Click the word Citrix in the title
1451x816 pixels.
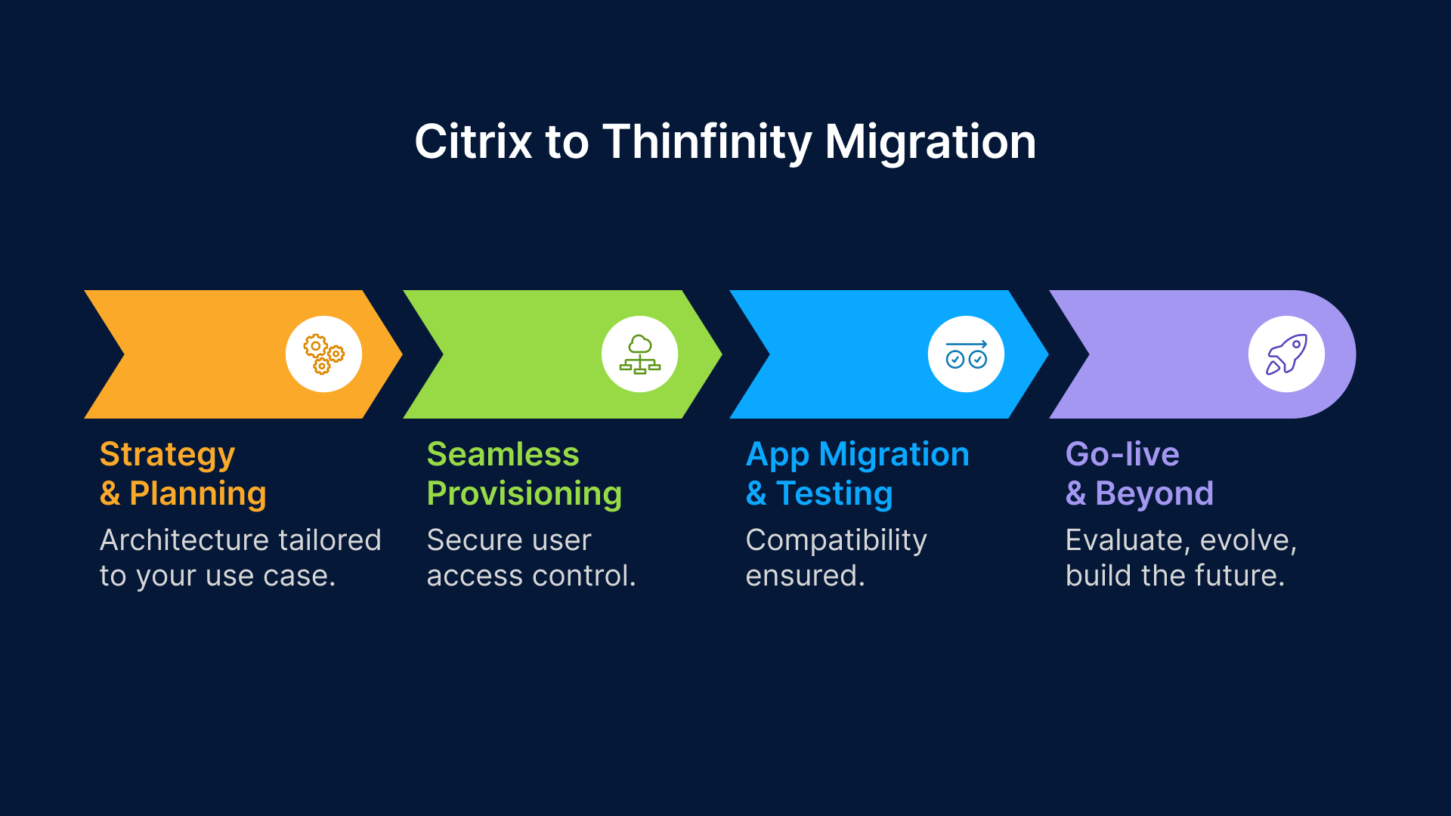(473, 142)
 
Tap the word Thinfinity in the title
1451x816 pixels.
(707, 142)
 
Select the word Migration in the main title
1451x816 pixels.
(930, 142)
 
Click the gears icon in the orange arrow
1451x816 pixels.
(323, 354)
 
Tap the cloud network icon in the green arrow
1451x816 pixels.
(639, 354)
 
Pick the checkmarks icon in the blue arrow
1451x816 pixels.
(966, 354)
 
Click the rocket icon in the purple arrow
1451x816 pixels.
(1286, 354)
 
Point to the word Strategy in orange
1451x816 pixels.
(167, 455)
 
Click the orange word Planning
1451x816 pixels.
(198, 493)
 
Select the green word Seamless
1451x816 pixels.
(503, 455)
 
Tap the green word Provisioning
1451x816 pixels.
(524, 493)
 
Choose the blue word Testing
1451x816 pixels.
(834, 493)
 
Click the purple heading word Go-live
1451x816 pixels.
(1122, 455)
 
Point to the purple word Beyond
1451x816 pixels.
(1154, 493)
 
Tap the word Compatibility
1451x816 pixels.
(836, 540)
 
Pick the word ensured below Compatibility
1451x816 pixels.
(805, 576)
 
